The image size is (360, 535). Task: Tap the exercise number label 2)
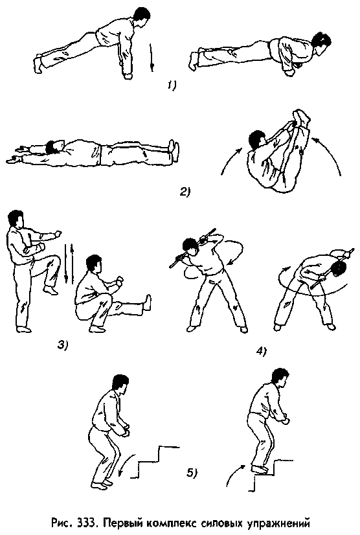(186, 192)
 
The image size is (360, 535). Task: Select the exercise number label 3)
(63, 345)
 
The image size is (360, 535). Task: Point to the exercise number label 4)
(262, 351)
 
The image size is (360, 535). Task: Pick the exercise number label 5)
(192, 473)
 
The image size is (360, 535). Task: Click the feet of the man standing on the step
(259, 469)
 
